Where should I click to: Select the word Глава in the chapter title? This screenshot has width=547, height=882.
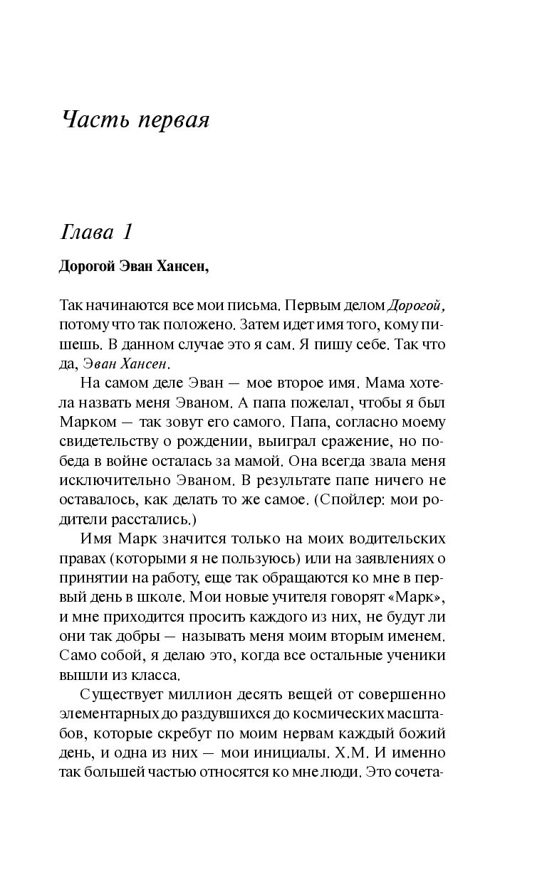88,232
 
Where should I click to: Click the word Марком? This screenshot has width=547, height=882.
85,422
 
